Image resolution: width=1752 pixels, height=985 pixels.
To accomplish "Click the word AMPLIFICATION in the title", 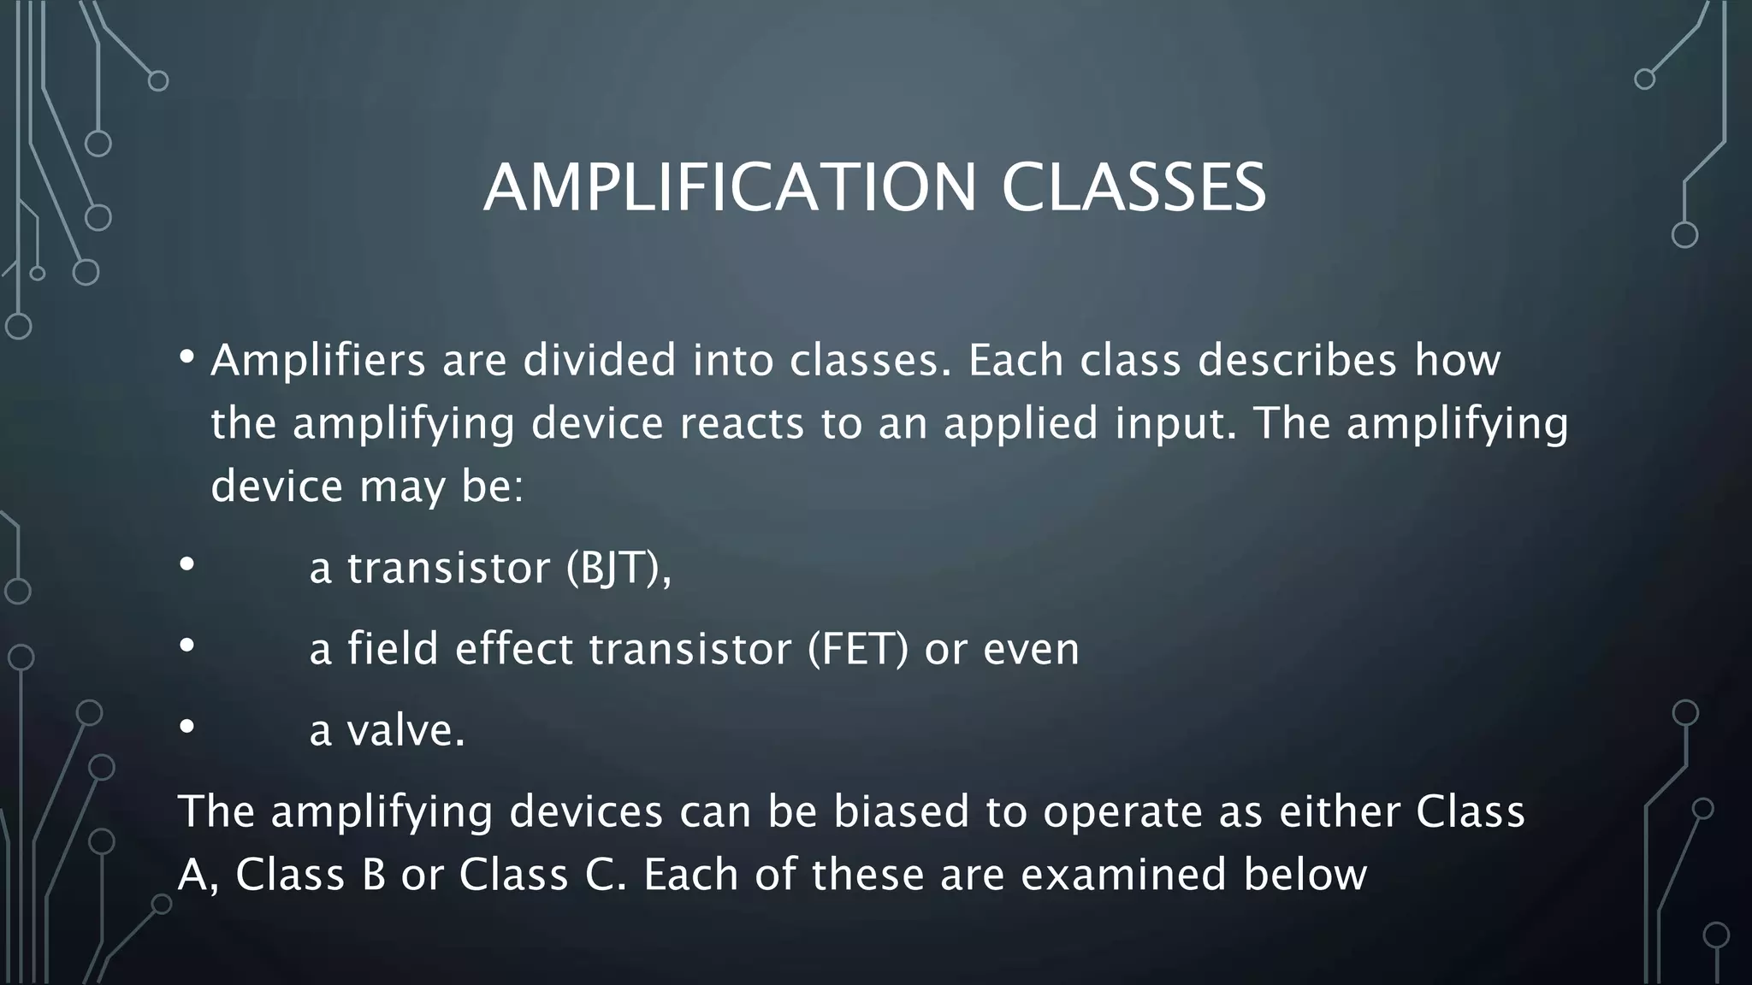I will tap(730, 188).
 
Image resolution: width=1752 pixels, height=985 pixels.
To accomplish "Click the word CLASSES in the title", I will tap(1133, 188).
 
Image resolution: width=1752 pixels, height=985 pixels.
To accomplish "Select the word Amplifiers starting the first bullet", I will tap(318, 360).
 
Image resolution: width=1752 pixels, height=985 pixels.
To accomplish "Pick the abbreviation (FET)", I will tap(858, 649).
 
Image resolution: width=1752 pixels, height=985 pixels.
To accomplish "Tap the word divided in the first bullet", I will tap(600, 360).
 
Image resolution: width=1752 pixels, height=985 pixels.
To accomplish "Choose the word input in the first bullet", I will tap(1175, 423).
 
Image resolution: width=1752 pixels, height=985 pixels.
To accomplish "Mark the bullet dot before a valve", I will tap(187, 728).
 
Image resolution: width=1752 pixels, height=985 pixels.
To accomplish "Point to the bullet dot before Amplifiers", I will tap(187, 357).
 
